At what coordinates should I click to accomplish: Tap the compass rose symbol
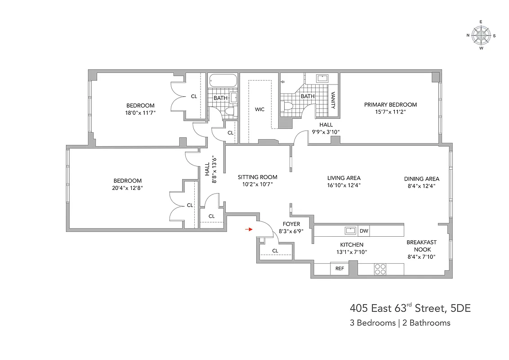pos(481,35)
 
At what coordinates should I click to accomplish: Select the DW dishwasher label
pos(364,231)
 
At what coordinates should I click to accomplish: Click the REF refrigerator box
pos(340,269)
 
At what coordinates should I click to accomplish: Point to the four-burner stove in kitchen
pos(380,269)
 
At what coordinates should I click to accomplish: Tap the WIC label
pos(260,109)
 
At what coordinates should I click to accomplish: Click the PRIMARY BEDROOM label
pos(390,104)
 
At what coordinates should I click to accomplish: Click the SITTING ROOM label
pos(258,177)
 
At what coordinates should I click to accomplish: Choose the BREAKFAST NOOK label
pos(421,246)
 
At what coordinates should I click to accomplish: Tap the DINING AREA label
pos(421,179)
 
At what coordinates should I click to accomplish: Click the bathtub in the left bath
pos(223,81)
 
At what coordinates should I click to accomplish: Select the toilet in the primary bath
pos(288,107)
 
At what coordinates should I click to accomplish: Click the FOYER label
pos(291,224)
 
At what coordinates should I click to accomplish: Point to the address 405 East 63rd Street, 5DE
pos(410,308)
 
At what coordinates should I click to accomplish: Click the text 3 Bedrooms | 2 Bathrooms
pos(400,323)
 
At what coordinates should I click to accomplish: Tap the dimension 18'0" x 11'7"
pos(140,113)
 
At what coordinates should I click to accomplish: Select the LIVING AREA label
pos(344,178)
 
